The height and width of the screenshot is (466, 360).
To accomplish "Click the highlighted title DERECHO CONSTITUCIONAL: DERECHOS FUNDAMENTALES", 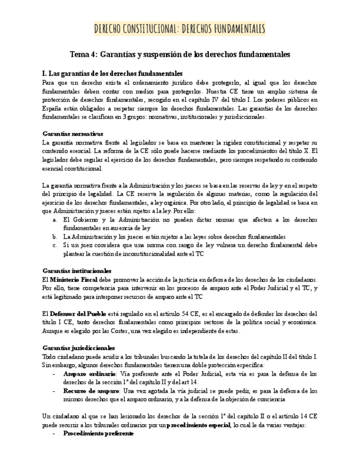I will pyautogui.click(x=180, y=29).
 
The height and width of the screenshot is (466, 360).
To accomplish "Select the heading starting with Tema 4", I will pyautogui.click(x=180, y=55).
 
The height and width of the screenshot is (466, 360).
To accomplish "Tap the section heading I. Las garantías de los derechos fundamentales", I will pyautogui.click(x=112, y=73).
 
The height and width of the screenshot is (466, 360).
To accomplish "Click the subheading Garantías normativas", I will pyautogui.click(x=73, y=134).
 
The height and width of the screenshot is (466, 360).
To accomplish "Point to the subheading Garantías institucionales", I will pyautogui.click(x=77, y=271).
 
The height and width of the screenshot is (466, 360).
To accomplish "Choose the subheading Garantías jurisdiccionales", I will pyautogui.click(x=79, y=348).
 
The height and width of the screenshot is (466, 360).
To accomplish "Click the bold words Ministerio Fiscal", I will pyautogui.click(x=74, y=280).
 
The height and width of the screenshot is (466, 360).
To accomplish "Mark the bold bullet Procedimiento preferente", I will pyautogui.click(x=98, y=434).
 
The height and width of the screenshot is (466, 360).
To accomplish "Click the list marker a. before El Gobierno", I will pyautogui.click(x=56, y=219).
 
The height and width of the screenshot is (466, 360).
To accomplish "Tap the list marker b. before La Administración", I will pyautogui.click(x=56, y=236).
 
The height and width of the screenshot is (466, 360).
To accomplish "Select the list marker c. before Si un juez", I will pyautogui.click(x=56, y=245).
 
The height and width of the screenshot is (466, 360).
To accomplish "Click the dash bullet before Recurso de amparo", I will pyautogui.click(x=54, y=391).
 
